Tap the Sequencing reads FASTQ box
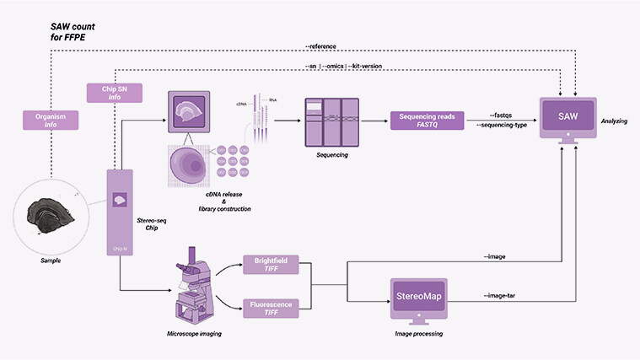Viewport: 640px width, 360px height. point(427,121)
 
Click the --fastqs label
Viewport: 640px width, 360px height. point(503,115)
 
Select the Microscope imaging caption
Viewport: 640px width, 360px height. point(190,336)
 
